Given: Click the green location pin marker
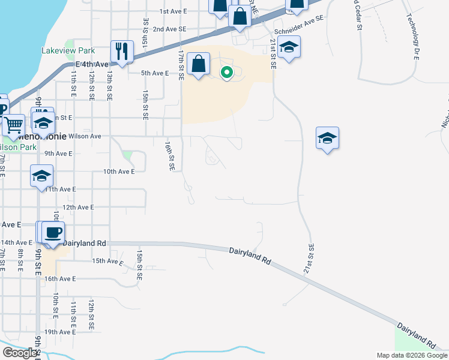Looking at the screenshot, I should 227,73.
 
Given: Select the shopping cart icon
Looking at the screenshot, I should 13,125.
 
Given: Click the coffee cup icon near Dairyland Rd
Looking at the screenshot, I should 53,233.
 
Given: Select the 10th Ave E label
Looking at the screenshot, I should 119,172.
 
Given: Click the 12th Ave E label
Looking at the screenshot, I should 79,208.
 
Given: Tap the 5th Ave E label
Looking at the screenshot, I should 155,73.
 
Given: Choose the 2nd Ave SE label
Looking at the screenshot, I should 170,29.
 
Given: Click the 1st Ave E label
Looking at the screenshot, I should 173,11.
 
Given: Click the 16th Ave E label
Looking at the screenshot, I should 60,279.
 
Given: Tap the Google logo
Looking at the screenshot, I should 20,353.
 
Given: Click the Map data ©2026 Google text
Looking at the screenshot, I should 411,355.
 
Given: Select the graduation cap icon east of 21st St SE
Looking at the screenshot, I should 328,138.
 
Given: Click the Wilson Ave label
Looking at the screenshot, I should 85,136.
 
